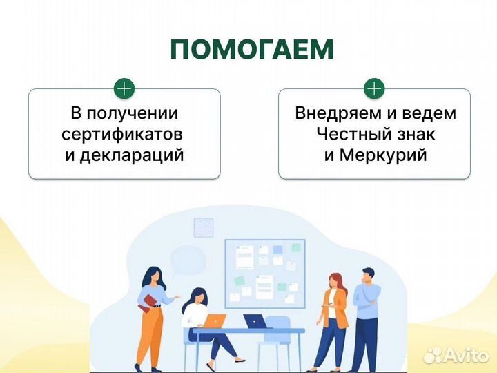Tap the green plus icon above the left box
(x=124, y=88)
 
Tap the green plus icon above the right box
(x=373, y=88)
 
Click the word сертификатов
(x=121, y=133)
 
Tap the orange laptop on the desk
(x=216, y=321)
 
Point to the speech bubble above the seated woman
(x=187, y=260)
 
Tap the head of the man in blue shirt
(x=368, y=275)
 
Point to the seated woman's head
(x=196, y=295)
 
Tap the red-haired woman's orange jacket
(x=337, y=304)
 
